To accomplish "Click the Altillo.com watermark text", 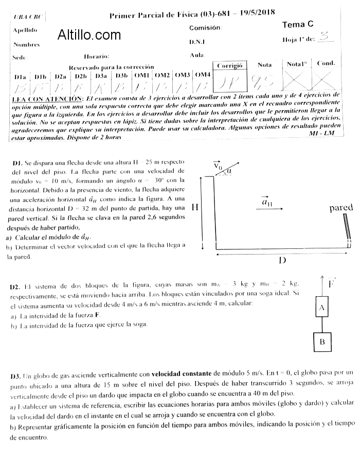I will tap(89, 35).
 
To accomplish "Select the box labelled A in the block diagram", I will tap(321, 308).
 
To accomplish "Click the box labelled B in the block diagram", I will tap(322, 341).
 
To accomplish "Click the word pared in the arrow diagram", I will tap(341, 208).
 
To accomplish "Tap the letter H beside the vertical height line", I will tap(195, 207).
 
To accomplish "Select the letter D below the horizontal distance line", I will tap(282, 260).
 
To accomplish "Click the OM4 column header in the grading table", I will tap(203, 75).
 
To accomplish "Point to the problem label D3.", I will tap(15, 376).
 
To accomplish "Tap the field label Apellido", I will tap(25, 30).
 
